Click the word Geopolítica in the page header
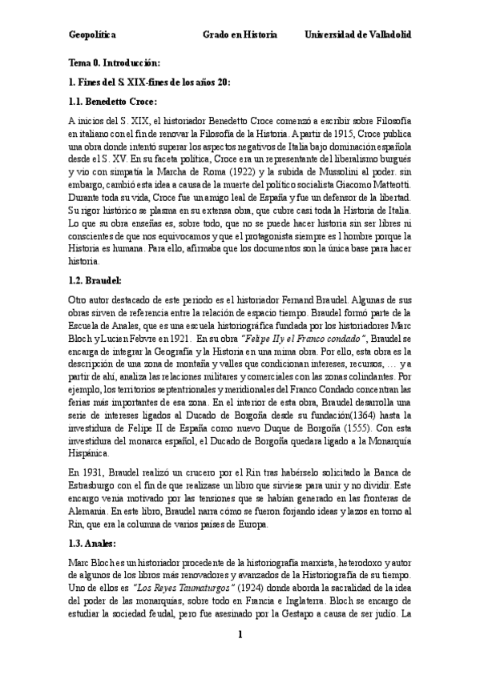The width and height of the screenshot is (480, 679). coord(93,36)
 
